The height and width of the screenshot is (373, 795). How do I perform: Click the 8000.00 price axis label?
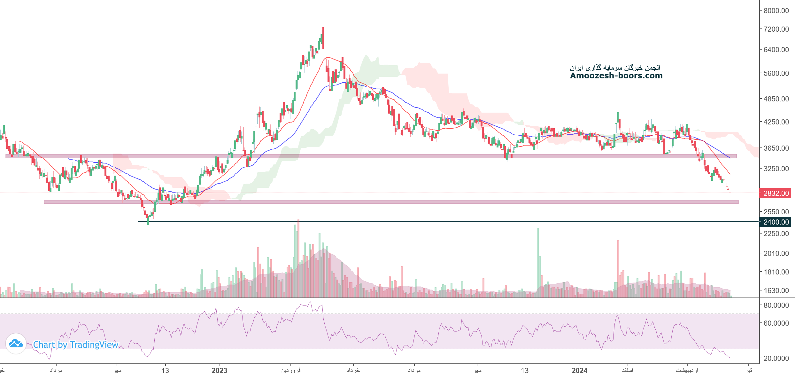pos(776,11)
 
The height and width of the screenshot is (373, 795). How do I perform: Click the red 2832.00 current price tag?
pos(776,193)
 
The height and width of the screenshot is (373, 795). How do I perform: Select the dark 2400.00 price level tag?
pos(776,222)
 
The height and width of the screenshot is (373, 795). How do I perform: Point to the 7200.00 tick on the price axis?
pos(776,29)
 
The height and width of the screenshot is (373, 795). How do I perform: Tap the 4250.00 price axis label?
pos(776,122)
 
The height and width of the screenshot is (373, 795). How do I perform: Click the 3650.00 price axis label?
pos(776,148)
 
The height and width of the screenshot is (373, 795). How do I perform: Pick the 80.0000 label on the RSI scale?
pos(776,305)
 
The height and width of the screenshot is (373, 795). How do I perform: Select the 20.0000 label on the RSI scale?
pos(776,358)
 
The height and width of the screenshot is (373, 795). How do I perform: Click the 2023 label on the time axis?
pos(219,370)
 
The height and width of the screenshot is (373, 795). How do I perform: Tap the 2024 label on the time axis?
pos(579,370)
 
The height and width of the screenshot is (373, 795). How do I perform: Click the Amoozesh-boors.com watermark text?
pos(616,76)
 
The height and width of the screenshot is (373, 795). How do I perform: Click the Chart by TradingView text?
pos(76,345)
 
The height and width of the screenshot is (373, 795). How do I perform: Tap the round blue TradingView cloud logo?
pos(16,344)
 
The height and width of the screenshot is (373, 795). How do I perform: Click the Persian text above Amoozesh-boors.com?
pos(615,67)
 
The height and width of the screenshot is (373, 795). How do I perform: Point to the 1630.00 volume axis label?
pos(776,290)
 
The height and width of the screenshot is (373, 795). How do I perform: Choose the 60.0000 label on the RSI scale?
pos(776,323)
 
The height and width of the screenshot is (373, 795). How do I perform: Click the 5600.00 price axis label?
pos(776,73)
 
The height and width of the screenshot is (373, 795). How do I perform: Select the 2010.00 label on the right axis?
pos(776,253)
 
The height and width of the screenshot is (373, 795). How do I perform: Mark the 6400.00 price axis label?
pos(776,50)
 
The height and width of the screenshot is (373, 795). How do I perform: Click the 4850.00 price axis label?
pos(776,99)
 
